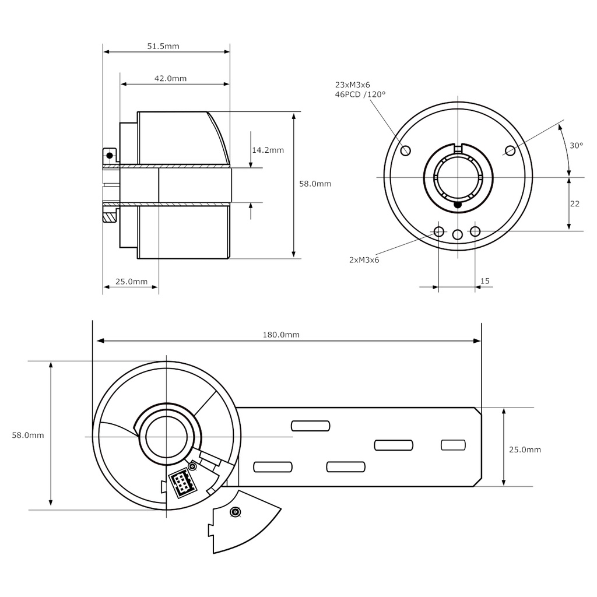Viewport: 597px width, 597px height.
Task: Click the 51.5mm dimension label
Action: (x=163, y=46)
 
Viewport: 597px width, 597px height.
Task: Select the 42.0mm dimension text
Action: (x=170, y=78)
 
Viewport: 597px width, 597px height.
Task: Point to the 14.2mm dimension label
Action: (x=268, y=150)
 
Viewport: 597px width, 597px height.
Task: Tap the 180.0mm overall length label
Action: (x=281, y=335)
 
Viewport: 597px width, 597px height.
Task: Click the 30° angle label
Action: (x=576, y=145)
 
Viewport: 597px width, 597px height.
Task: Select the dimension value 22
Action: (x=575, y=203)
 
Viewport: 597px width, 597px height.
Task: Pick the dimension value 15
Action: (x=484, y=281)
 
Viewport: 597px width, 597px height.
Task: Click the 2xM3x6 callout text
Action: (x=364, y=260)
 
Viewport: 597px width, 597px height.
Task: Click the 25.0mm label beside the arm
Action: (x=525, y=449)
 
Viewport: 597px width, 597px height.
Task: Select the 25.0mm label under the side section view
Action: (x=131, y=281)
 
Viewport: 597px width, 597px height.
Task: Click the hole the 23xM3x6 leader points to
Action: (x=406, y=151)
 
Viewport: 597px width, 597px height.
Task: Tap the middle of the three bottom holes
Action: (x=458, y=234)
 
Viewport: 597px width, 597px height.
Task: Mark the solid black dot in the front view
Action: (x=458, y=205)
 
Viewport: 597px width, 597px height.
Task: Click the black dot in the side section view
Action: (x=109, y=155)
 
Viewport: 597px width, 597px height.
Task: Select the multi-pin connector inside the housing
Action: (x=181, y=483)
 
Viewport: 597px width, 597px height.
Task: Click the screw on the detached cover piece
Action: (x=235, y=512)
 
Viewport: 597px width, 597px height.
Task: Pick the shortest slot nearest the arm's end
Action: (x=453, y=445)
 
